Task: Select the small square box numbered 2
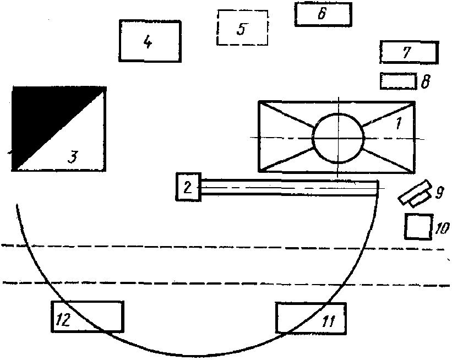point(187,187)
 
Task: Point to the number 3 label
point(73,157)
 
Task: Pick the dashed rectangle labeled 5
point(243,28)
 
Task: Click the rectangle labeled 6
point(323,14)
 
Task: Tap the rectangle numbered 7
point(409,53)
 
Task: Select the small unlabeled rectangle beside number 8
point(397,80)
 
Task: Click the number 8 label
point(426,83)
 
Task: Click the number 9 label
point(439,193)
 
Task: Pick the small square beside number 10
point(417,226)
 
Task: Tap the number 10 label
point(442,228)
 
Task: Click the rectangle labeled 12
point(86,317)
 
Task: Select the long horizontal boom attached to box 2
point(289,188)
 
